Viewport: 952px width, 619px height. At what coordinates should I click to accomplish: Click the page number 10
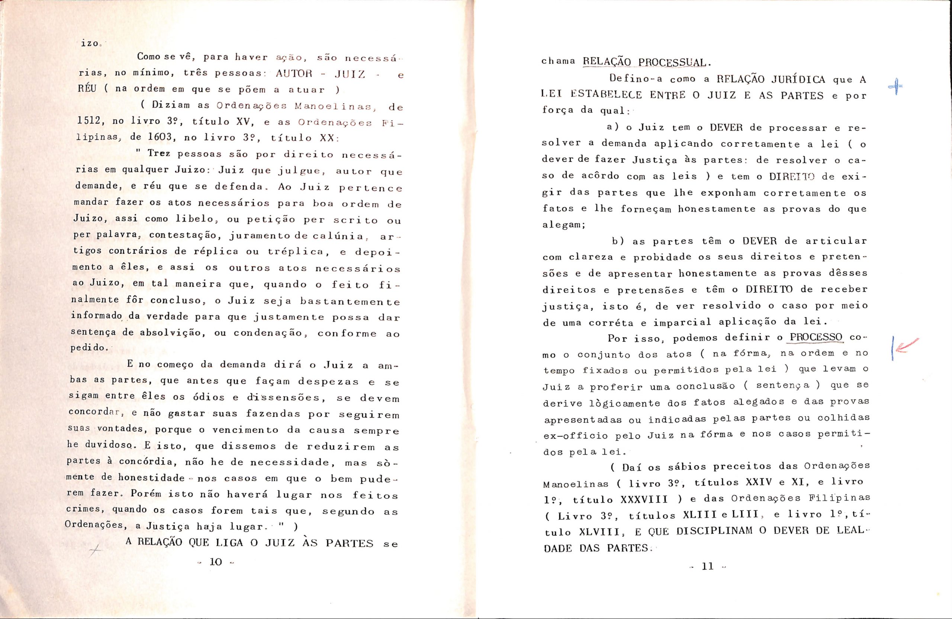[x=216, y=562]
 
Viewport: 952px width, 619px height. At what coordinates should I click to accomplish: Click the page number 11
[x=708, y=566]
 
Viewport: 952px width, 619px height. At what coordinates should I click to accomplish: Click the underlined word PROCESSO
[x=816, y=337]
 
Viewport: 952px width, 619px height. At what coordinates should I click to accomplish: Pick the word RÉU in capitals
[x=87, y=89]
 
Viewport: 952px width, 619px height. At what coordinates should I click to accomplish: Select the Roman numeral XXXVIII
[x=644, y=499]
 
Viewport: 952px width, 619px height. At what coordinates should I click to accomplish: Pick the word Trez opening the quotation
[x=159, y=153]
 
